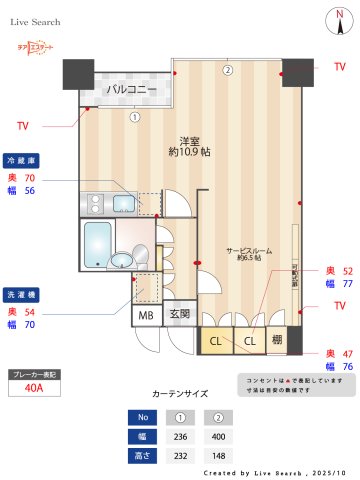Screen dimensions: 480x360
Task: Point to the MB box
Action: point(145,316)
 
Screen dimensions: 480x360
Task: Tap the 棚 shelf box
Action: point(277,341)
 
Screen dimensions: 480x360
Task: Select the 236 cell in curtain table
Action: point(182,436)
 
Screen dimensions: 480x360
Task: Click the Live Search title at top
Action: point(35,20)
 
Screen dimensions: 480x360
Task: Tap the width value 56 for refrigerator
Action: point(29,190)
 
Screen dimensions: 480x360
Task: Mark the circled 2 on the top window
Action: point(227,70)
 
